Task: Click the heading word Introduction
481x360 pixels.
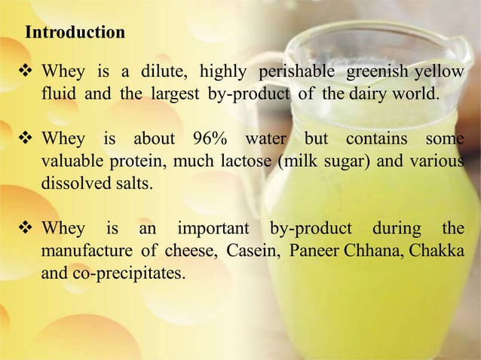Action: pyautogui.click(x=75, y=33)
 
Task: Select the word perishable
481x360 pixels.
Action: pyautogui.click(x=295, y=73)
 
